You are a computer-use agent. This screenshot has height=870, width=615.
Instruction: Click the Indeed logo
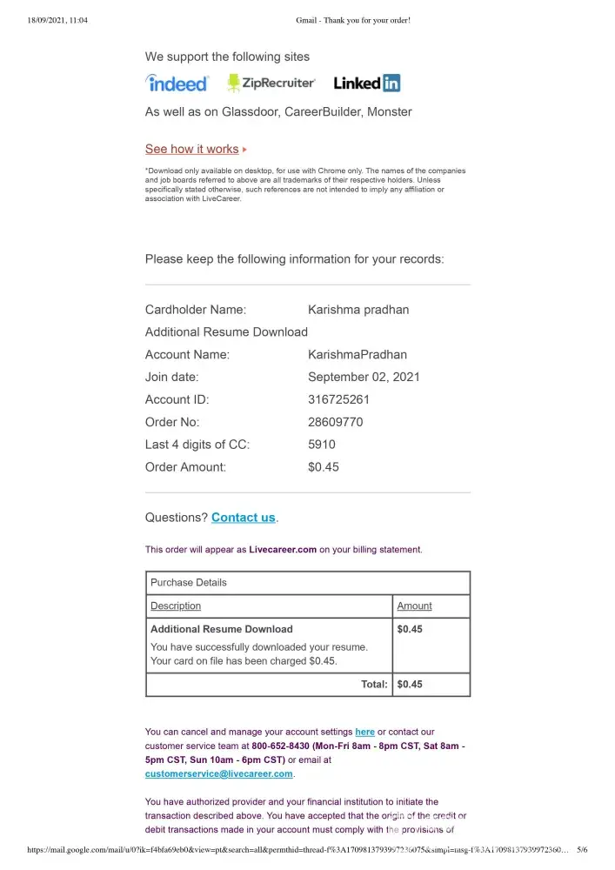(x=177, y=84)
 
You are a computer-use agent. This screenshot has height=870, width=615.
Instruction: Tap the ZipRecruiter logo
(x=271, y=84)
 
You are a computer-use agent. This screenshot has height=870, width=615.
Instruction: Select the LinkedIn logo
(x=366, y=84)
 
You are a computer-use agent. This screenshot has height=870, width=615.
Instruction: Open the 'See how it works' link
(x=191, y=150)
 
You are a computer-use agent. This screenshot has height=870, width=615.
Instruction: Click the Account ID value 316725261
(x=339, y=399)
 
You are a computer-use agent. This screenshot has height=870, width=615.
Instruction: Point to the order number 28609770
(x=336, y=422)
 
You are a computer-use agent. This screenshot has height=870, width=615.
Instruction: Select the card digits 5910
(x=322, y=445)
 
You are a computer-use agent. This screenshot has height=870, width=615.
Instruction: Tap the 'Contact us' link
(x=244, y=518)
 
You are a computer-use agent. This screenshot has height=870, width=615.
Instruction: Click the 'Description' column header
(x=176, y=606)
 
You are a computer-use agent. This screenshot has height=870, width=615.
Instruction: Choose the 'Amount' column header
(x=414, y=606)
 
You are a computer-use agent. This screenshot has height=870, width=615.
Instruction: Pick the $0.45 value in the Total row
(x=410, y=685)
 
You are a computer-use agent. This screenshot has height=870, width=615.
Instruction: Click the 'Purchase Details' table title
(x=189, y=583)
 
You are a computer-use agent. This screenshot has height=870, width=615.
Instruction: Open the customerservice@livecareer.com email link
(x=219, y=773)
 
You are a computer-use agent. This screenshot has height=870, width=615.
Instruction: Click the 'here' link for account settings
(x=364, y=733)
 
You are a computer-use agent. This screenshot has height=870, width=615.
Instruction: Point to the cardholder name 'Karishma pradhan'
(x=358, y=310)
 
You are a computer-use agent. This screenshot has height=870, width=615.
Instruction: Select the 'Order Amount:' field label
(x=185, y=467)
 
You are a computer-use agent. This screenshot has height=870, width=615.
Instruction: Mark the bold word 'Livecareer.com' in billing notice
(x=283, y=550)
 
